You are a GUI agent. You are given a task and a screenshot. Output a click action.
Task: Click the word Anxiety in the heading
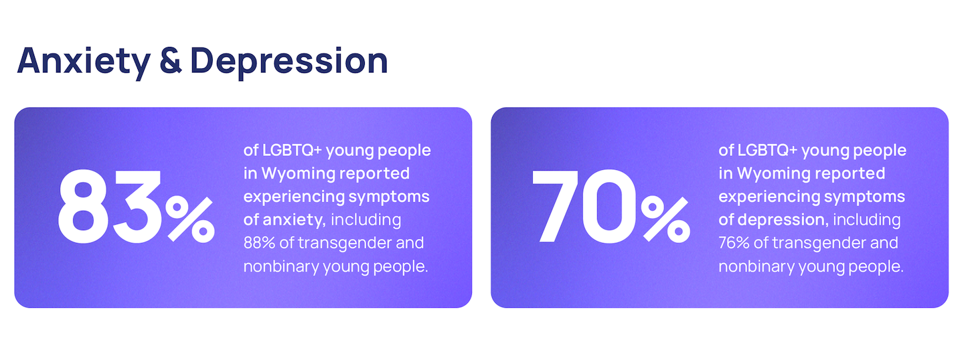click(84, 62)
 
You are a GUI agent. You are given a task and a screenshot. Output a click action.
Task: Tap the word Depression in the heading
click(289, 62)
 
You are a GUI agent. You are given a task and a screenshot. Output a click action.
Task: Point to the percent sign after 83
click(190, 219)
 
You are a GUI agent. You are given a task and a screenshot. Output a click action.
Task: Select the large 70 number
click(584, 207)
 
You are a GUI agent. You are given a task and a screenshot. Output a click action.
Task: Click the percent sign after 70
click(665, 219)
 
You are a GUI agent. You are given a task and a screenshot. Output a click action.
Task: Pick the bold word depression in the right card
click(783, 219)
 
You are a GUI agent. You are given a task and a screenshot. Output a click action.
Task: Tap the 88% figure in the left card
click(259, 243)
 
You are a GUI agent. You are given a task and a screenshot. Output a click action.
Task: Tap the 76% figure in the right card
click(734, 243)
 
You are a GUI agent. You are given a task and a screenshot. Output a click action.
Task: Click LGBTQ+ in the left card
click(292, 150)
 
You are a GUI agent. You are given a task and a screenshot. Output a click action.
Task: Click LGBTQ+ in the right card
click(767, 150)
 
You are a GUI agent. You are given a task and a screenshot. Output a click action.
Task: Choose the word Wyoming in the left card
click(299, 174)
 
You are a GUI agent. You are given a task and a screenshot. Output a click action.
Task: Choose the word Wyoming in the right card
click(774, 174)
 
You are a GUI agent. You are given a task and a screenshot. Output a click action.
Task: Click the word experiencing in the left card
click(293, 197)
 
